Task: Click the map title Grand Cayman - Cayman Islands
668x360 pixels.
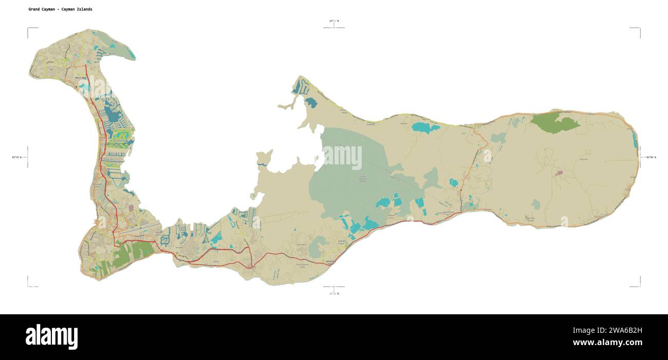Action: (61, 9)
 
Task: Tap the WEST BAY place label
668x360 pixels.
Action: (81, 78)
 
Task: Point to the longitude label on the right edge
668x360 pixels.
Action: (651, 157)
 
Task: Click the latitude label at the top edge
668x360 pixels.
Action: (334, 21)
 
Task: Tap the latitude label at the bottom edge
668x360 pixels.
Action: (334, 293)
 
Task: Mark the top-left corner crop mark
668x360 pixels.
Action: (28, 29)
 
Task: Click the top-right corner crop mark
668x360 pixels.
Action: (639, 29)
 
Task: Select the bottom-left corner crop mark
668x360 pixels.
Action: (28, 286)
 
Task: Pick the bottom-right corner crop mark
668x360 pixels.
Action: (639, 286)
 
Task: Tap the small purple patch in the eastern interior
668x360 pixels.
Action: (559, 173)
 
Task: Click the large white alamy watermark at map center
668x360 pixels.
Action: (342, 157)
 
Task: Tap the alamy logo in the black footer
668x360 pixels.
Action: (51, 336)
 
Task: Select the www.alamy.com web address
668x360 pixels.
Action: (607, 343)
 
